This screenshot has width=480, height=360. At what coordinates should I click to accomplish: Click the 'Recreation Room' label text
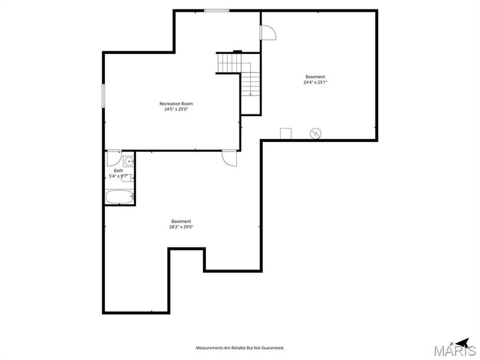(x=176, y=103)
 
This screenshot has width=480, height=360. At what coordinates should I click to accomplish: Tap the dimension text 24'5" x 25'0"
(x=176, y=109)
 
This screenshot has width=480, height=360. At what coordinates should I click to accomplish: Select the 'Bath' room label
(x=118, y=171)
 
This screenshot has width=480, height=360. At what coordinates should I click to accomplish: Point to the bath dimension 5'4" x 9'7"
(x=118, y=176)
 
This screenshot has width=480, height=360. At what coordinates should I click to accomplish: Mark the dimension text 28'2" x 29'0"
(x=181, y=227)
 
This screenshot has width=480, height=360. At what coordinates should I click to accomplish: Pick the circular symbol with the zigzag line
(x=316, y=133)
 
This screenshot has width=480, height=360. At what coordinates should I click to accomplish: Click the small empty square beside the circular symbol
(x=286, y=133)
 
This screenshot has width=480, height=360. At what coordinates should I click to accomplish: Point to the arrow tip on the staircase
(x=250, y=94)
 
